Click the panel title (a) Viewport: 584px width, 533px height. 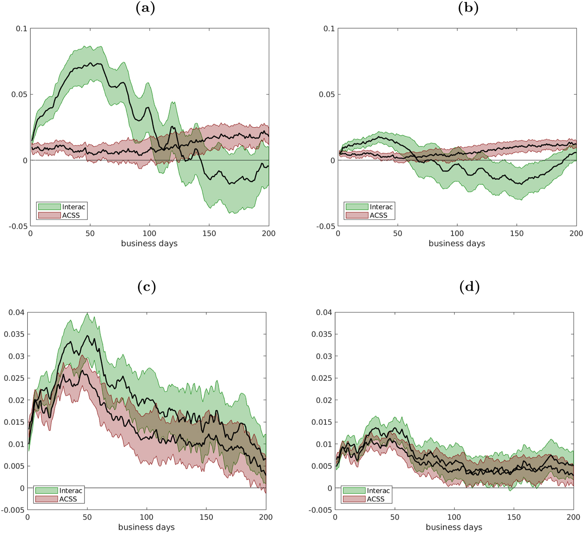pyautogui.click(x=146, y=8)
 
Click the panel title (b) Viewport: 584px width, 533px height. pyautogui.click(x=468, y=8)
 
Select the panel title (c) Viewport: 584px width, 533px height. pyautogui.click(x=146, y=287)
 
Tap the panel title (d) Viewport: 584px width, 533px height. pyautogui.click(x=469, y=287)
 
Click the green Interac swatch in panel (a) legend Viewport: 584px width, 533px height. pyautogui.click(x=49, y=207)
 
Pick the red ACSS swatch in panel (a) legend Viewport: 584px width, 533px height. pyautogui.click(x=49, y=215)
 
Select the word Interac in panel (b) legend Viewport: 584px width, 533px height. pyautogui.click(x=381, y=207)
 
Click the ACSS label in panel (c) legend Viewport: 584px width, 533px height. pyautogui.click(x=68, y=499)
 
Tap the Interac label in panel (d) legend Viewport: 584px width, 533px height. pyautogui.click(x=378, y=491)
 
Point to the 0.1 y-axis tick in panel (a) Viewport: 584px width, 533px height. pyautogui.click(x=22, y=29)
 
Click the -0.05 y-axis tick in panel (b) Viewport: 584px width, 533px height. pyautogui.click(x=325, y=226)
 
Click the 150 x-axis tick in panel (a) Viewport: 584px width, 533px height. pyautogui.click(x=209, y=234)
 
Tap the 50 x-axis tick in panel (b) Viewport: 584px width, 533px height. pyautogui.click(x=398, y=234)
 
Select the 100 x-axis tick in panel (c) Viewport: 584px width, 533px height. pyautogui.click(x=146, y=517)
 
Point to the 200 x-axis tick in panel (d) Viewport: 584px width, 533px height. pyautogui.click(x=573, y=517)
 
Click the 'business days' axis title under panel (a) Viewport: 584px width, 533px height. pyautogui.click(x=149, y=243)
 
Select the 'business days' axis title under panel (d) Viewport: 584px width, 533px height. pyautogui.click(x=454, y=527)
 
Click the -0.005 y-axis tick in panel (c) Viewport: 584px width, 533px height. pyautogui.click(x=13, y=510)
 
